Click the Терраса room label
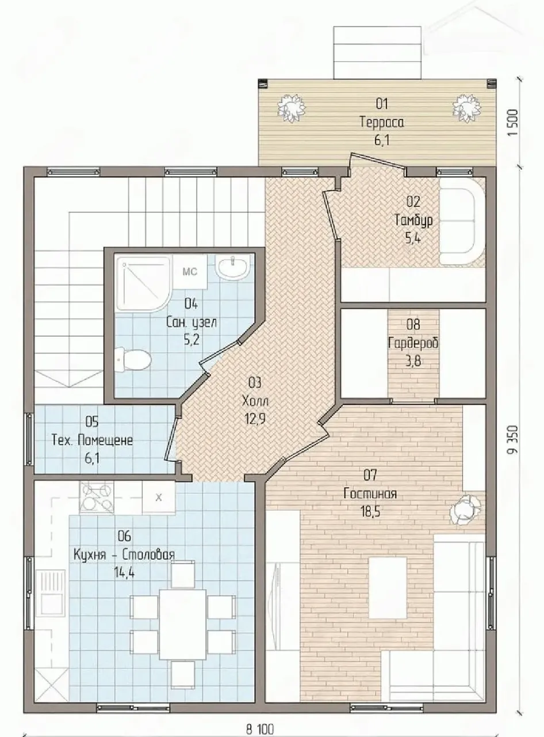(x=382, y=123)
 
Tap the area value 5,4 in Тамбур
(x=413, y=238)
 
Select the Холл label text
(x=255, y=401)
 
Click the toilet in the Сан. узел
(x=132, y=359)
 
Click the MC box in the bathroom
(x=190, y=271)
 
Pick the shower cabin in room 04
(x=143, y=283)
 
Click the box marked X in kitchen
(x=159, y=497)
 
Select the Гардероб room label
(x=413, y=343)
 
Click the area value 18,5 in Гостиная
(x=370, y=512)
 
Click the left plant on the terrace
(x=291, y=109)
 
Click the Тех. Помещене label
(x=92, y=440)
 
